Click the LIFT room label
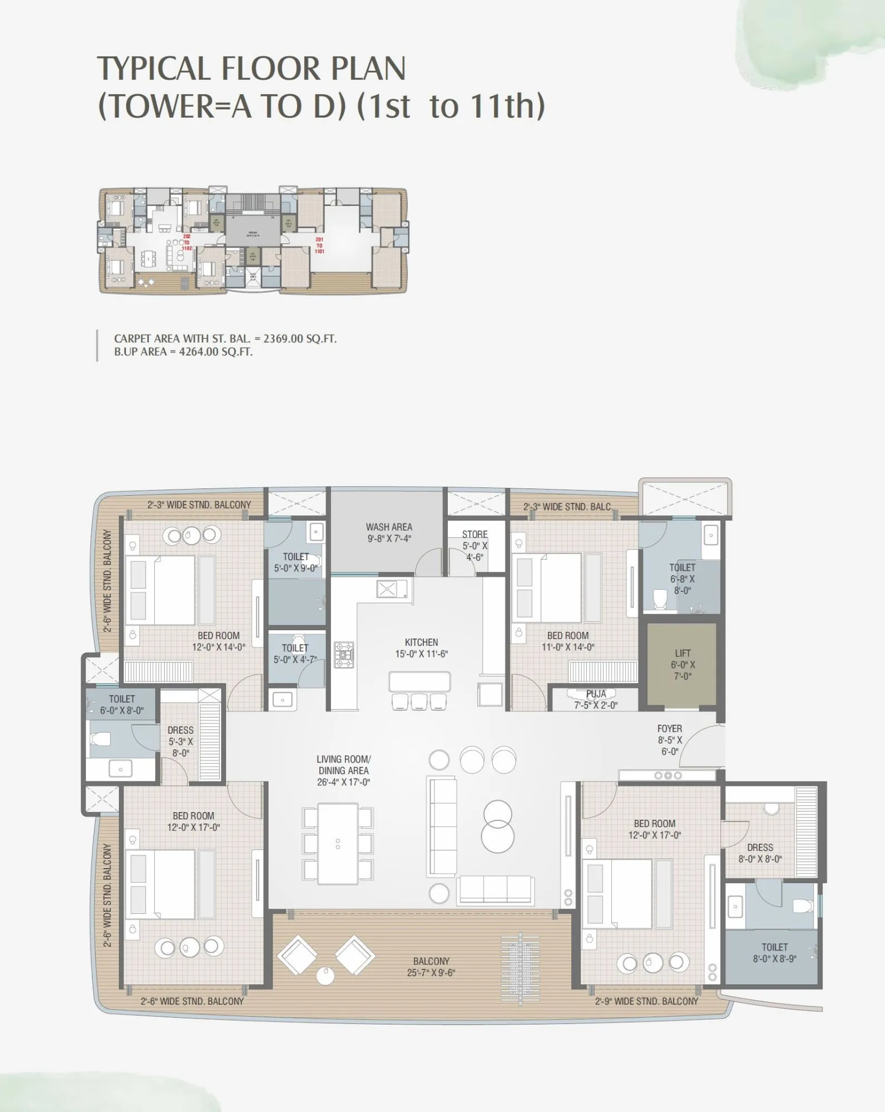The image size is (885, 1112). click(683, 654)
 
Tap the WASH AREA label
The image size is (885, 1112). click(389, 527)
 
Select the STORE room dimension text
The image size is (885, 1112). click(474, 551)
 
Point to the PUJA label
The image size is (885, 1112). click(596, 694)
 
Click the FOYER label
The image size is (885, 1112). click(669, 729)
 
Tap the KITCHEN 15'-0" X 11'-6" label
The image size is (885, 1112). click(421, 648)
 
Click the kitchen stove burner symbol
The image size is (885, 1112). click(344, 654)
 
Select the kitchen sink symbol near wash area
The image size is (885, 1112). click(388, 589)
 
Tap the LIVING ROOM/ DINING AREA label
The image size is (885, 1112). click(343, 765)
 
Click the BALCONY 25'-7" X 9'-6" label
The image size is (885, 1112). click(431, 967)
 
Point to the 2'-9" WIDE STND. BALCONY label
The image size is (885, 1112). click(646, 1001)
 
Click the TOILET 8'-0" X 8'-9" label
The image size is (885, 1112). click(774, 953)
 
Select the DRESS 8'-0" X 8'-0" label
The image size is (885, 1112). click(760, 853)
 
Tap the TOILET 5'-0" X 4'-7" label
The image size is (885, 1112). click(295, 654)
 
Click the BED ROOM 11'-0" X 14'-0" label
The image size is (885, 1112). click(567, 641)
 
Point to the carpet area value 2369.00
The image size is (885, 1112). click(283, 339)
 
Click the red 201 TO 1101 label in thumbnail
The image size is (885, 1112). click(319, 245)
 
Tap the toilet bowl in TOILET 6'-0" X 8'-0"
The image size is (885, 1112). click(101, 739)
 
